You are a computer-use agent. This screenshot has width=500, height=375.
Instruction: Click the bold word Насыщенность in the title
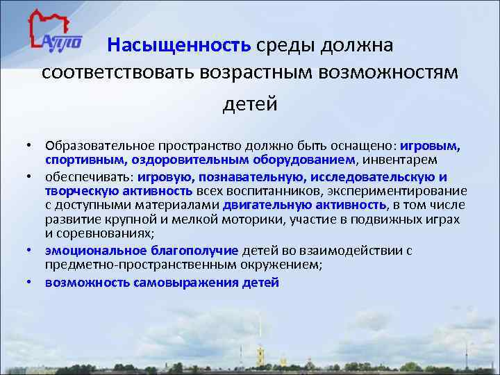[x=180, y=45]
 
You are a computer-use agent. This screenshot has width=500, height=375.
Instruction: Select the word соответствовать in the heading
[x=118, y=72]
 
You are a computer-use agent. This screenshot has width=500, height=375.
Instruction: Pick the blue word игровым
[x=434, y=147]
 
